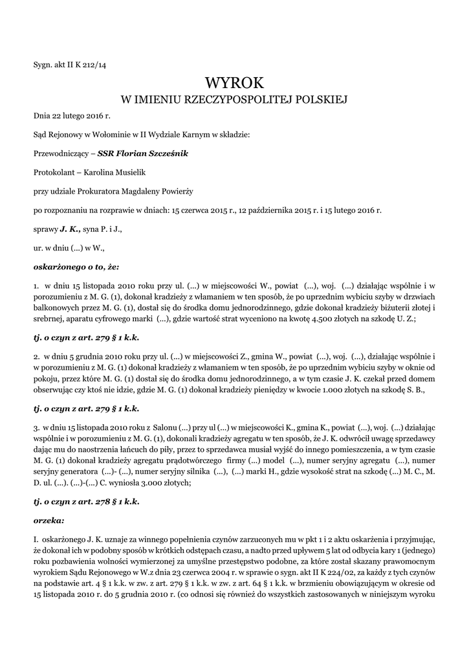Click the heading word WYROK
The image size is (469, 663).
234,84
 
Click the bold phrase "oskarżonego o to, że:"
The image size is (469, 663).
76,266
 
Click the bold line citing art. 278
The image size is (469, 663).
86,501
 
